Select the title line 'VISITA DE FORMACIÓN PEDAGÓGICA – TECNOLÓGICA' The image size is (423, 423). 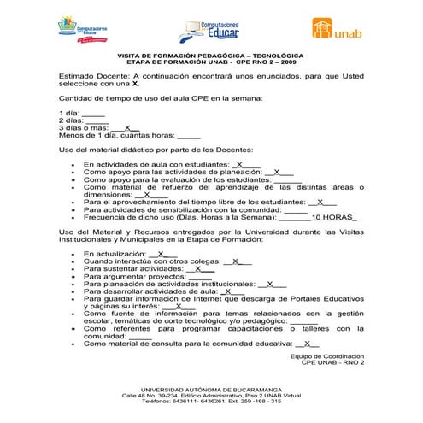click(211, 56)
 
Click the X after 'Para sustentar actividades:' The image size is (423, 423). click(199, 268)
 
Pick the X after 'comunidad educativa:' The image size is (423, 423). click(311, 344)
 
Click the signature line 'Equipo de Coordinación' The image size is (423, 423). click(327, 355)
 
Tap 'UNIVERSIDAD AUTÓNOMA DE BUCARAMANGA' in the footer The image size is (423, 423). click(211, 389)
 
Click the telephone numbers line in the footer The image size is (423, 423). click(211, 402)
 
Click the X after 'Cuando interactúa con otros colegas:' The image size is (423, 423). click(237, 261)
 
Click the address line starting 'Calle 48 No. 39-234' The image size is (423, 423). click(211, 396)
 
